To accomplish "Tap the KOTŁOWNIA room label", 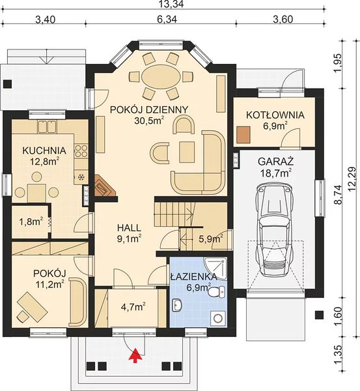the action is tap(275, 115).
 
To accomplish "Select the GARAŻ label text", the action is tap(275, 162).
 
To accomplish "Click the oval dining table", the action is tap(161, 76).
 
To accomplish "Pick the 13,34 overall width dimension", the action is tap(172, 5).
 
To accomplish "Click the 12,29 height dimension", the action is tap(353, 179).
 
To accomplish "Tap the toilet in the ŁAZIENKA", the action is tap(216, 292).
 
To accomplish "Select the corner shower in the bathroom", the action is tap(215, 268).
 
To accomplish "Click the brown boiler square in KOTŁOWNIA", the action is tap(243, 135).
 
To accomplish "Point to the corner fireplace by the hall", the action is tap(105, 185).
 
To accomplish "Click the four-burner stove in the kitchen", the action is tap(81, 151).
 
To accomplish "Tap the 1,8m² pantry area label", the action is tap(31, 222).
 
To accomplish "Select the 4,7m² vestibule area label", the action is tap(133, 307).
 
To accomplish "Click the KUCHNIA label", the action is tap(44, 151).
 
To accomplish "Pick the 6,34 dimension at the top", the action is tap(167, 19).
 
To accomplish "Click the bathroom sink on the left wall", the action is tap(176, 305).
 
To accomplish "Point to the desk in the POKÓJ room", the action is tap(32, 306).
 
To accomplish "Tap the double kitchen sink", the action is tap(47, 126).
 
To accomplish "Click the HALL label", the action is tap(129, 227).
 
